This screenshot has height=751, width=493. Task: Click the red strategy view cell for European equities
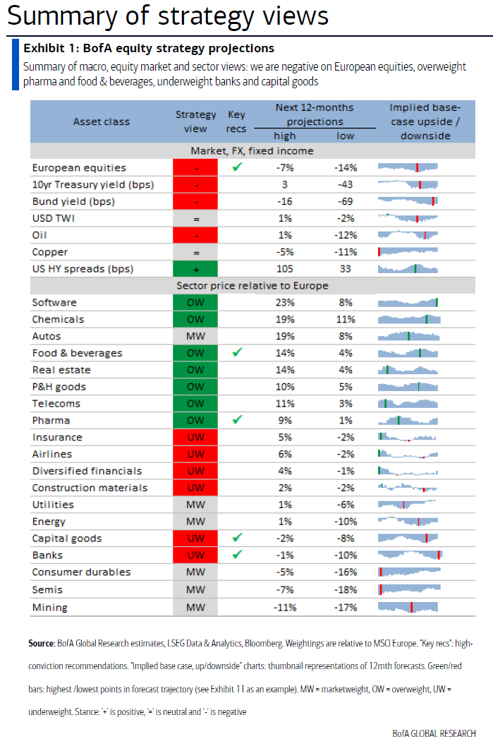coord(195,168)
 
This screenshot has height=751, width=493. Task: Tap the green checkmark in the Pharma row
coord(237,420)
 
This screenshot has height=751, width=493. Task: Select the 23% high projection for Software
coord(285,303)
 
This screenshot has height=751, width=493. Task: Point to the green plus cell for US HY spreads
coord(195,269)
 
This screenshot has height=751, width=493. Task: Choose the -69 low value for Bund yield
coord(345,202)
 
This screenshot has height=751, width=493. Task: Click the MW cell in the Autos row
coord(195,337)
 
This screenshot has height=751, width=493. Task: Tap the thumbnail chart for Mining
coord(409,607)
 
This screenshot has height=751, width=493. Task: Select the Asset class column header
coord(101,121)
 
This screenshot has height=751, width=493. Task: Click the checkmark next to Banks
coord(237,555)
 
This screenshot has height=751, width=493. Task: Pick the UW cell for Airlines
coord(195,454)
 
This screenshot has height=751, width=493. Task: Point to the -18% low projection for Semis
coord(345,590)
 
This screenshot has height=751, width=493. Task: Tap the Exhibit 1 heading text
coord(149,48)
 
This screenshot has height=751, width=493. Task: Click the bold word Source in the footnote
coord(41,644)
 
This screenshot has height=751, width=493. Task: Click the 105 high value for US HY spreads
coord(285,269)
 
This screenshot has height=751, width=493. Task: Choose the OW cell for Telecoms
coord(195,404)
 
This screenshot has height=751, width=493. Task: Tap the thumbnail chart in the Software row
coord(409,303)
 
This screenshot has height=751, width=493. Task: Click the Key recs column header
coord(236,121)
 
